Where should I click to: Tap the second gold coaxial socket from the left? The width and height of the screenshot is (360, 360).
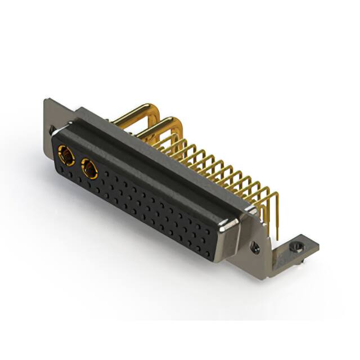click(x=89, y=168)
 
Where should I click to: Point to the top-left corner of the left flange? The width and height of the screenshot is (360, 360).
click(x=47, y=100)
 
